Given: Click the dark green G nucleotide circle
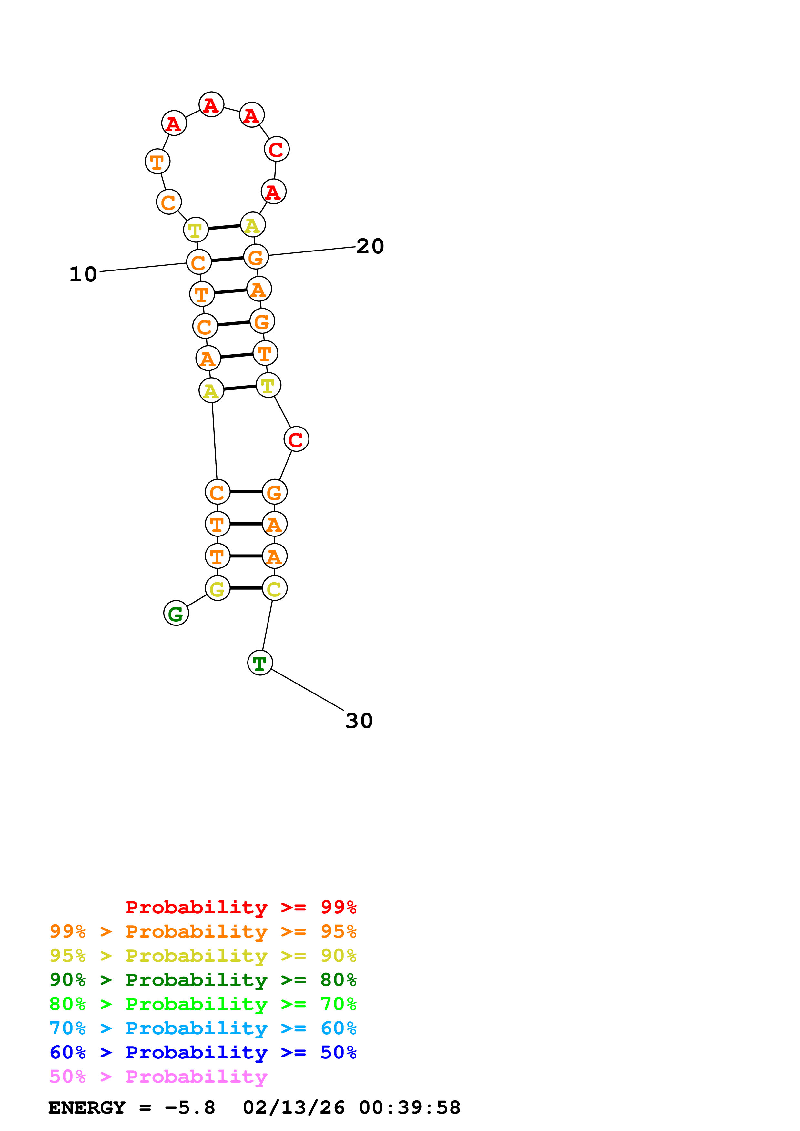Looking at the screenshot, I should pos(176,613).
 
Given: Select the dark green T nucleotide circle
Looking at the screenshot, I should pos(260,663).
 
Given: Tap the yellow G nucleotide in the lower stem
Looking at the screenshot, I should pos(218,588).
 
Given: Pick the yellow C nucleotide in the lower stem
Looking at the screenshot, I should pos(275,588).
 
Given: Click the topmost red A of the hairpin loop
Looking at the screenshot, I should pos(211,105).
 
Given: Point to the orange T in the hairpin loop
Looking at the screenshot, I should pos(157,162).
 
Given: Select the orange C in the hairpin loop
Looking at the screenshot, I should pos(168,202).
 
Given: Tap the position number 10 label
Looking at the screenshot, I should pos(83,274).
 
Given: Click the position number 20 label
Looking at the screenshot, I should pos(370,246).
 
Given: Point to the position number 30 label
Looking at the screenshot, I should pos(359,721).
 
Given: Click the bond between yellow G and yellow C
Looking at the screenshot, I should pos(246,588).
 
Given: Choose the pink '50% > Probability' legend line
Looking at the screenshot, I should pos(158,1077).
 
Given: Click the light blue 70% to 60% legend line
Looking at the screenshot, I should pos(203,1028).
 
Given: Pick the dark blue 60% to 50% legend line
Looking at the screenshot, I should pos(203,1053).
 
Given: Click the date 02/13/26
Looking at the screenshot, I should pos(294,1108).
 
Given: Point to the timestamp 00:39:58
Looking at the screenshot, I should pos(410,1108).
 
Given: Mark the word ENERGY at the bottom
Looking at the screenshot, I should pos(87,1108).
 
